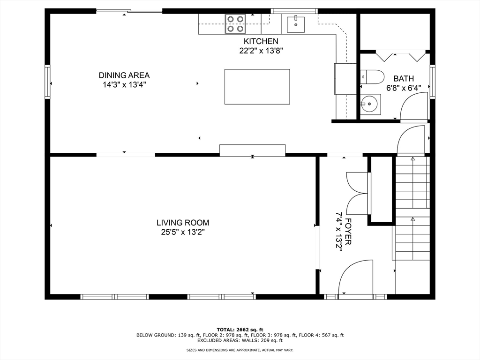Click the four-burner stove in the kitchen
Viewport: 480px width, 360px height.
(x=235, y=24)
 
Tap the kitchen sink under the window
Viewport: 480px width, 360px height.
(x=296, y=24)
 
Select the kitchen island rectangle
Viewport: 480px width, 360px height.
(x=257, y=87)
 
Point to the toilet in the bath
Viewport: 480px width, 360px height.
(x=372, y=77)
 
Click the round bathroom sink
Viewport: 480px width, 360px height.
(x=370, y=105)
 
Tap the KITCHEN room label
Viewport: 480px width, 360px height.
(x=261, y=41)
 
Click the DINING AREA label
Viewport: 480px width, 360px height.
(x=124, y=75)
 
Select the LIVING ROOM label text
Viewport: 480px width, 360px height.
(x=183, y=223)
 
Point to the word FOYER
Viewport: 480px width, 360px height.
(x=348, y=232)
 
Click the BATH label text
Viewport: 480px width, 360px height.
(x=404, y=78)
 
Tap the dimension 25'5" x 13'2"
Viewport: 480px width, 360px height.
(x=183, y=232)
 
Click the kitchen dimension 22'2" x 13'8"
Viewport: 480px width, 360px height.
(x=261, y=51)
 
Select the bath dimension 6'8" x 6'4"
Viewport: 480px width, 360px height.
(x=404, y=88)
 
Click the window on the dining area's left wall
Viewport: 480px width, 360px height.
(x=47, y=82)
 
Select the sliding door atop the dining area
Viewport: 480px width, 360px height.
(x=129, y=12)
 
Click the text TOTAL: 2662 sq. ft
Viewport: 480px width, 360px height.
(x=240, y=330)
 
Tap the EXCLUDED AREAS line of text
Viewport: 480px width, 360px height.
(x=240, y=340)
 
